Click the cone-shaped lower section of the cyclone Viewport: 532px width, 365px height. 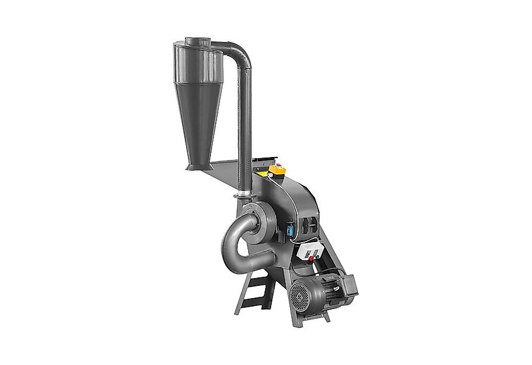(199, 122)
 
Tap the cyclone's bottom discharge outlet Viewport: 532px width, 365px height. (193, 165)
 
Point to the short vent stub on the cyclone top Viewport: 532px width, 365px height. (197, 41)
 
